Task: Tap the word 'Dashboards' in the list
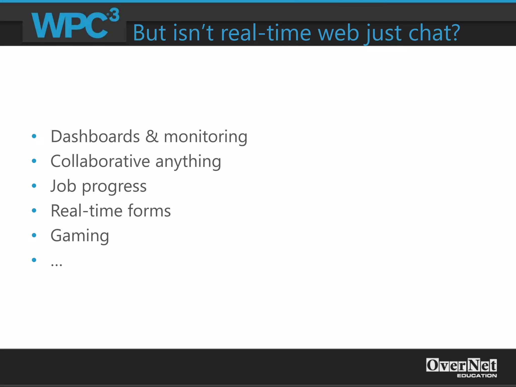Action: [x=95, y=136]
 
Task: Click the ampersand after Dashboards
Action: [x=152, y=136]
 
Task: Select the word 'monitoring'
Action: [x=205, y=137]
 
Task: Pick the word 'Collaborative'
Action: [x=100, y=161]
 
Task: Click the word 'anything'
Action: [x=188, y=162]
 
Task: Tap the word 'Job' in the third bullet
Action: [x=63, y=186]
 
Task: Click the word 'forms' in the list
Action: [x=149, y=211]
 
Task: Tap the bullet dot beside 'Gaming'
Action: [x=34, y=235]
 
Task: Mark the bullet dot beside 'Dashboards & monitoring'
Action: [x=34, y=136]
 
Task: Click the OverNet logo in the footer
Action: [x=461, y=365]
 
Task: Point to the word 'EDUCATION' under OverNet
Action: [x=477, y=376]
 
